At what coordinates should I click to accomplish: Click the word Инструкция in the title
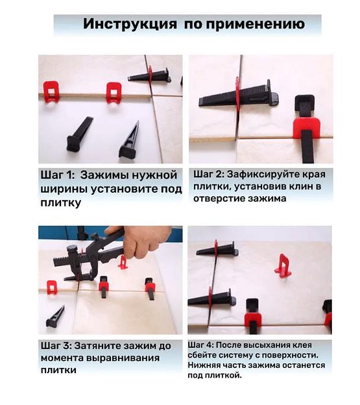[130, 24]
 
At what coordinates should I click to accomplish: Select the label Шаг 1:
[57, 175]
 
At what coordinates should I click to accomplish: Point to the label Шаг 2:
[209, 175]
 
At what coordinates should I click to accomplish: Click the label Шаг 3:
[56, 346]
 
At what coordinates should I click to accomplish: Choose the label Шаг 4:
[200, 345]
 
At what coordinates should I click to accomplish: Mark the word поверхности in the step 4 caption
[290, 356]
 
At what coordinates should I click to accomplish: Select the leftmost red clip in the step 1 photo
[51, 92]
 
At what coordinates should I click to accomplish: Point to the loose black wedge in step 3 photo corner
[55, 317]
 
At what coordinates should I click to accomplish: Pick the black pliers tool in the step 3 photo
[88, 258]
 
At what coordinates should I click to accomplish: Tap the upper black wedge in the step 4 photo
[217, 249]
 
